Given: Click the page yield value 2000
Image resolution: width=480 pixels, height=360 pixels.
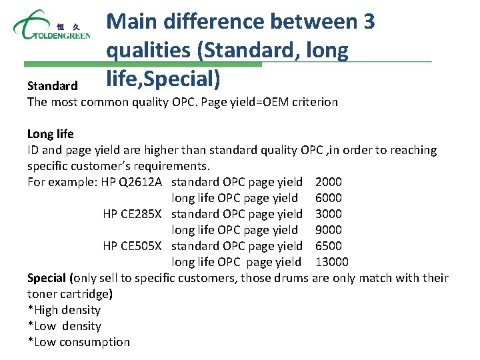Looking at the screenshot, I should tap(329, 182).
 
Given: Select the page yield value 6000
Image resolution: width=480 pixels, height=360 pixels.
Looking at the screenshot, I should tap(329, 198).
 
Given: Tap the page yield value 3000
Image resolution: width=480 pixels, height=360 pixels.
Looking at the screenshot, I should tap(329, 214).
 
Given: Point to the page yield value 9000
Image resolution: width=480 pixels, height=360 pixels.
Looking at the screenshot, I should tap(329, 230).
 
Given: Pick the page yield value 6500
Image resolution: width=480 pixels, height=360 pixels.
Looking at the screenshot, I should tap(329, 246).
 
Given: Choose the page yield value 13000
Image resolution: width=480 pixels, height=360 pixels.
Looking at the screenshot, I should tap(332, 262).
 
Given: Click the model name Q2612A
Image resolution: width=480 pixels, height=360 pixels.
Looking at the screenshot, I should tap(141, 182).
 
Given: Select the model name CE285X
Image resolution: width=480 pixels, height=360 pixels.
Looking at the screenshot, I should tap(142, 214).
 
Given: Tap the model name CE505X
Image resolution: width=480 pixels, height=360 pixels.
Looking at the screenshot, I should tap(142, 246).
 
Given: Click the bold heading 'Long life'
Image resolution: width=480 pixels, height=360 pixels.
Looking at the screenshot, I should tap(51, 134).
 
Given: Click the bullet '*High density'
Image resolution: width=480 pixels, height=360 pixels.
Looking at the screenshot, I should tap(64, 310).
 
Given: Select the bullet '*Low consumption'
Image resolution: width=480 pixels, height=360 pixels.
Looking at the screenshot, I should tap(79, 342).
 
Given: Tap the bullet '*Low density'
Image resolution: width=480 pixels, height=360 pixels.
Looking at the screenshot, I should tap(64, 326).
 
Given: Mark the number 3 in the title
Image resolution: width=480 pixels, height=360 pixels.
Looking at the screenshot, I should tap(369, 22).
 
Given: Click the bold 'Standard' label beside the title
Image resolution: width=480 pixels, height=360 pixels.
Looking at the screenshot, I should tap(53, 86).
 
